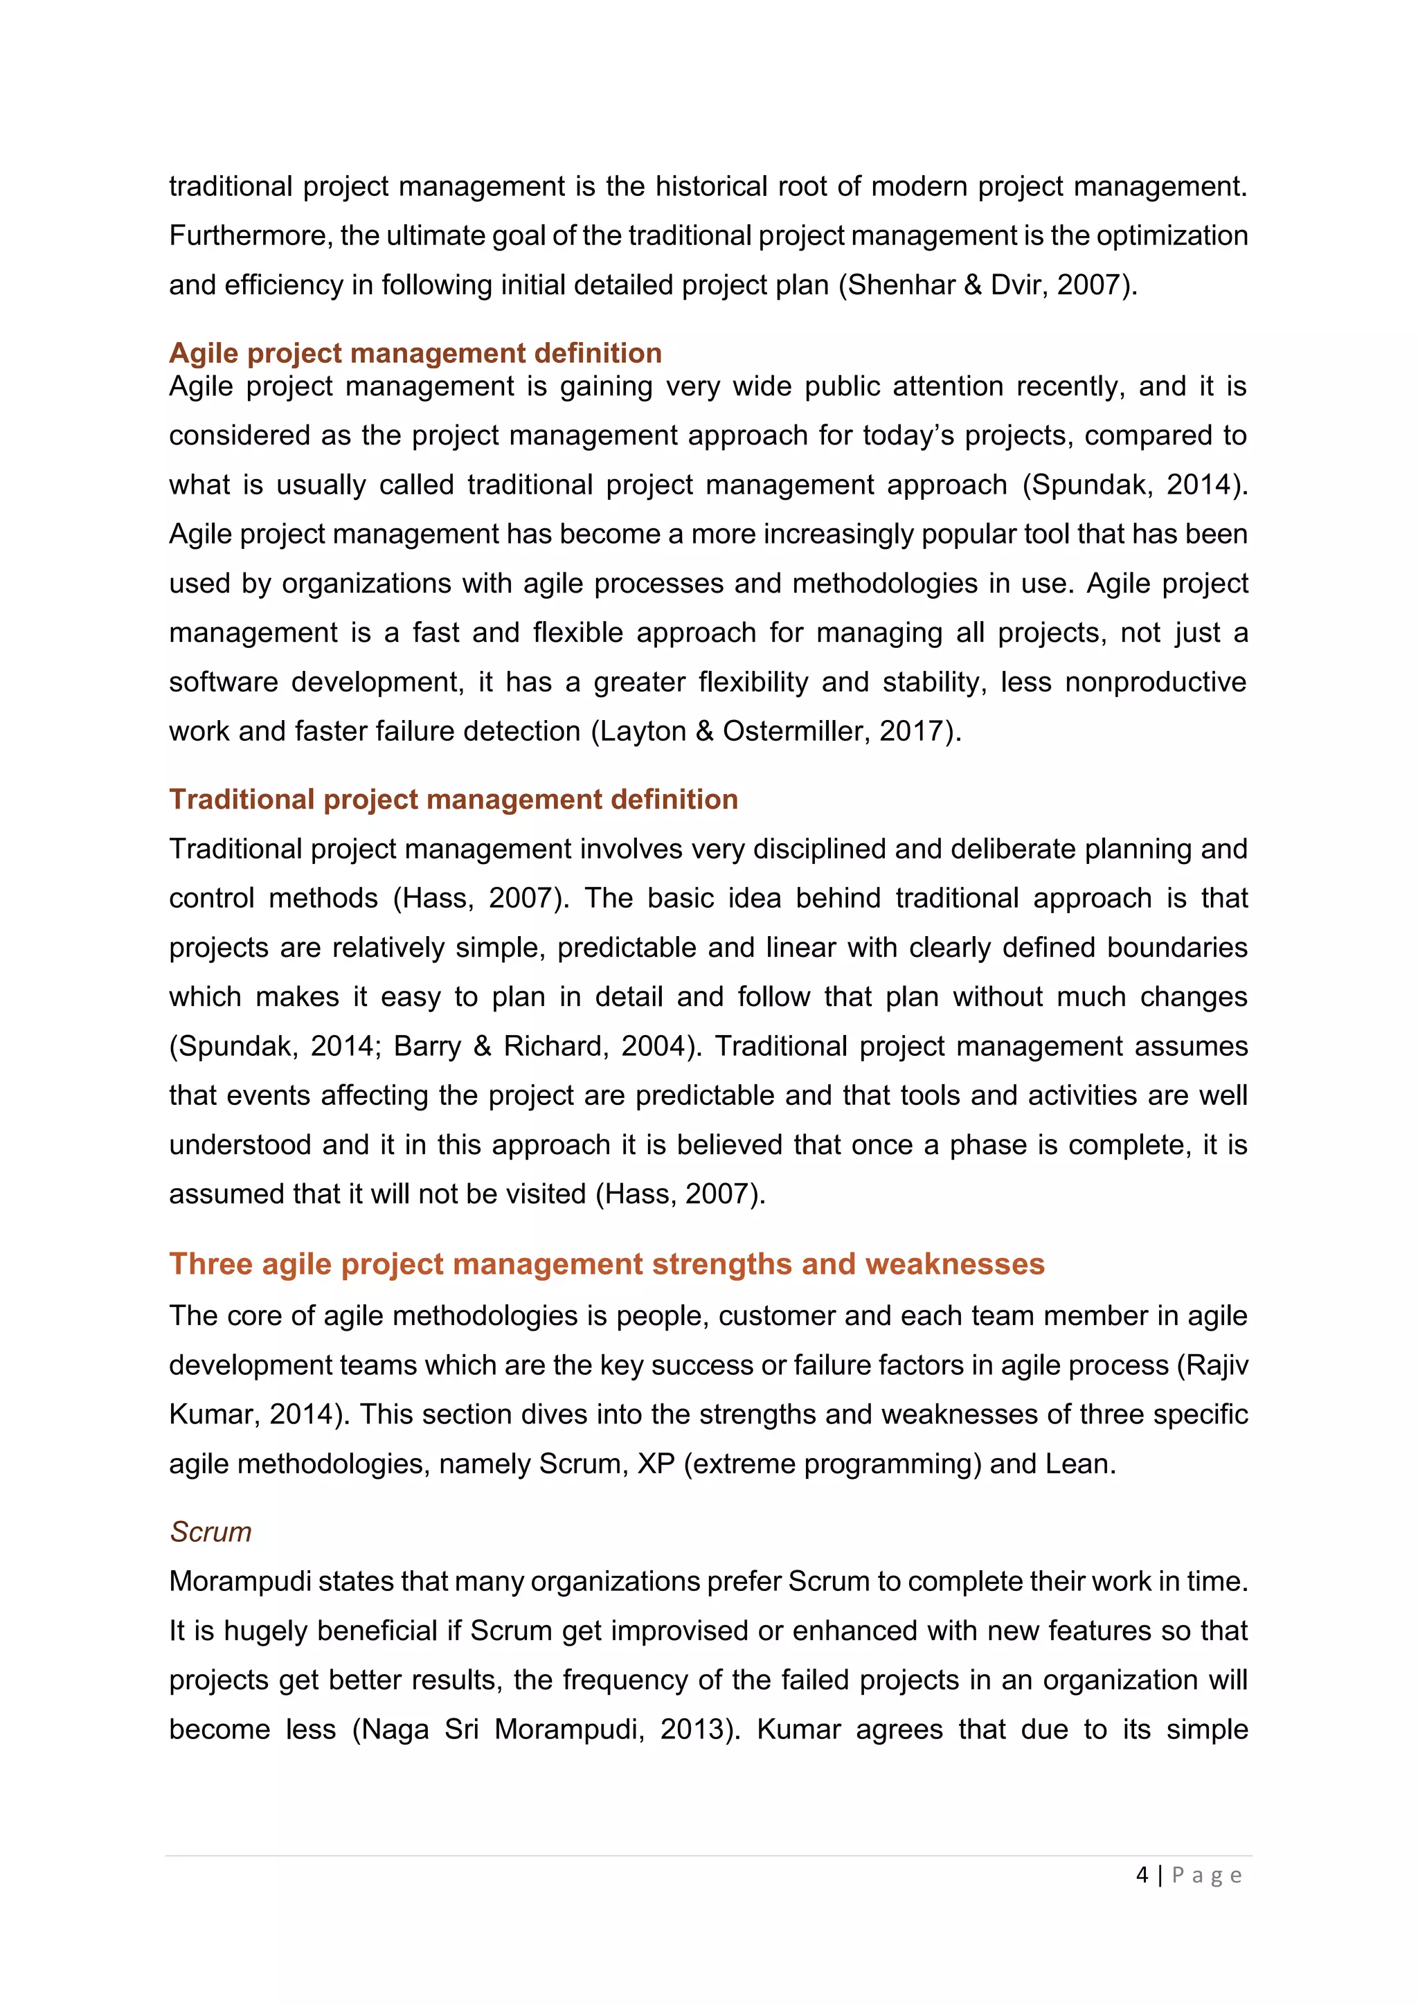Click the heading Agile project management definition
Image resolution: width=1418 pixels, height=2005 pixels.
(415, 353)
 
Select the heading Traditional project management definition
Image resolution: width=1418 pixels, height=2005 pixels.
(454, 799)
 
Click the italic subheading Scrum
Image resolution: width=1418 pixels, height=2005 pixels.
(210, 1531)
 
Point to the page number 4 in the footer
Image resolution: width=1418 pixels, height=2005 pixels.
(1142, 1875)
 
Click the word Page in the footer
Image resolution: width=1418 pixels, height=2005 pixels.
(1207, 1875)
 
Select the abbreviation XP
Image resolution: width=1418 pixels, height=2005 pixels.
(656, 1464)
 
